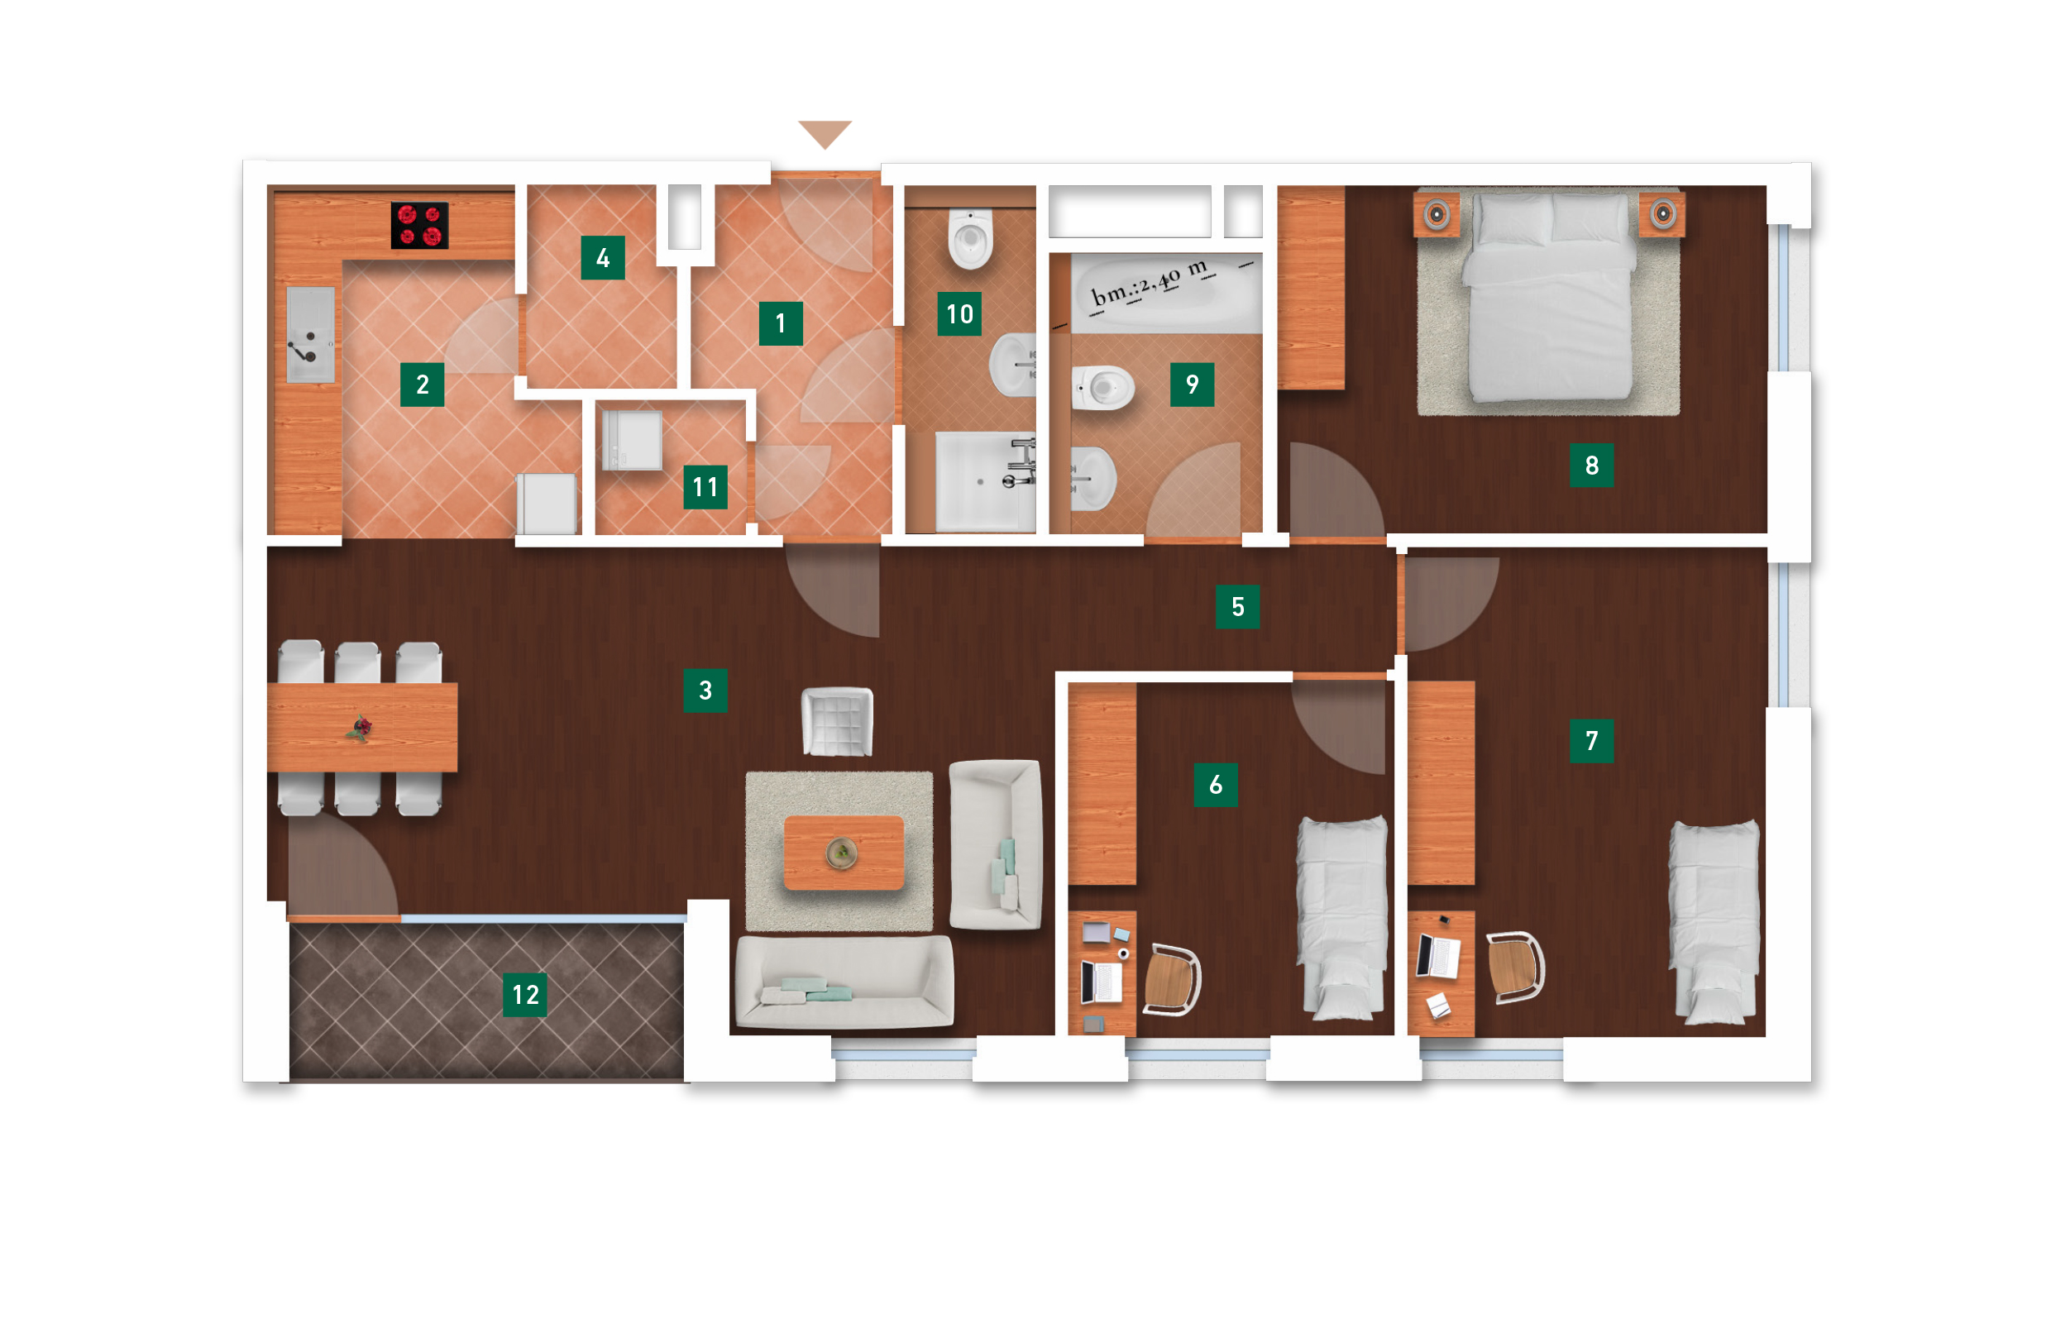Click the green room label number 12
click(525, 994)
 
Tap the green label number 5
click(1237, 606)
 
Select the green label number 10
click(959, 313)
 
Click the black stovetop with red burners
click(419, 225)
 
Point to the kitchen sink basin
click(310, 334)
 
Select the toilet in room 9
click(1103, 388)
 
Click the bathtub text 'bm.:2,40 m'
click(1150, 283)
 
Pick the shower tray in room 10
click(985, 482)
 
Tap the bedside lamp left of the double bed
click(1437, 213)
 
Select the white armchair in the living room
click(837, 721)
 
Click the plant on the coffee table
click(841, 852)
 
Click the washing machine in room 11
click(632, 440)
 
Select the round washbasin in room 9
click(1092, 478)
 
